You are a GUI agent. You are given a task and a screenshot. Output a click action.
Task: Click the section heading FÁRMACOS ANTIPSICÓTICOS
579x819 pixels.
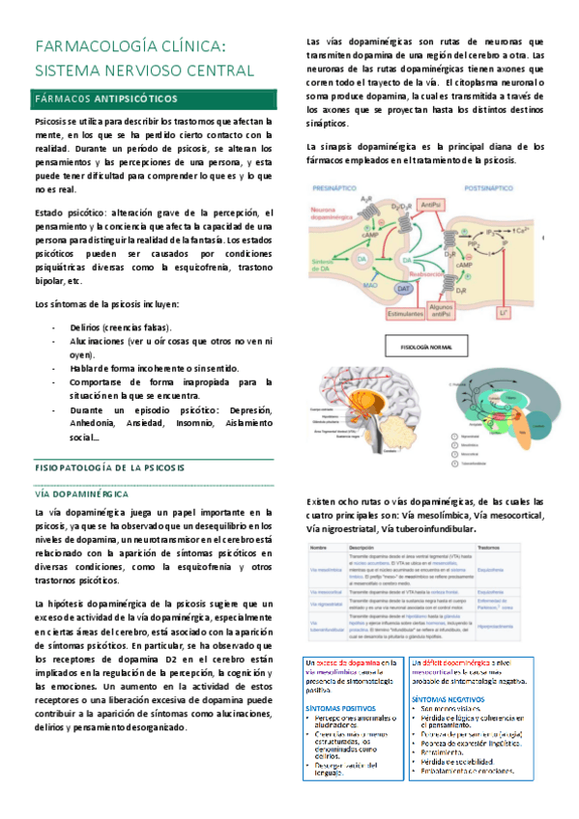click(x=105, y=99)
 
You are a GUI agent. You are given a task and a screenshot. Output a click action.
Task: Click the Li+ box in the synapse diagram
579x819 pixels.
click(x=503, y=312)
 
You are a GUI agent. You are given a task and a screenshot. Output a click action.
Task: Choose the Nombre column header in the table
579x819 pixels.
click(x=318, y=546)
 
